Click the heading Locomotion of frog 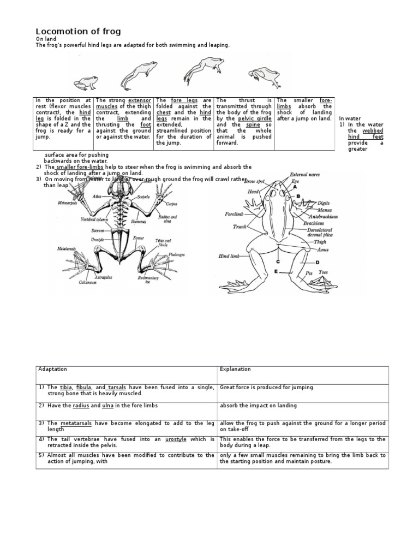point(79,31)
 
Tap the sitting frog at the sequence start point(86,84)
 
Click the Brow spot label point(255,181)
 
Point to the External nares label point(305,175)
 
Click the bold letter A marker point(296,187)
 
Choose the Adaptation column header point(52,370)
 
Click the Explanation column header point(235,370)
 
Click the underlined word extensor point(139,100)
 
